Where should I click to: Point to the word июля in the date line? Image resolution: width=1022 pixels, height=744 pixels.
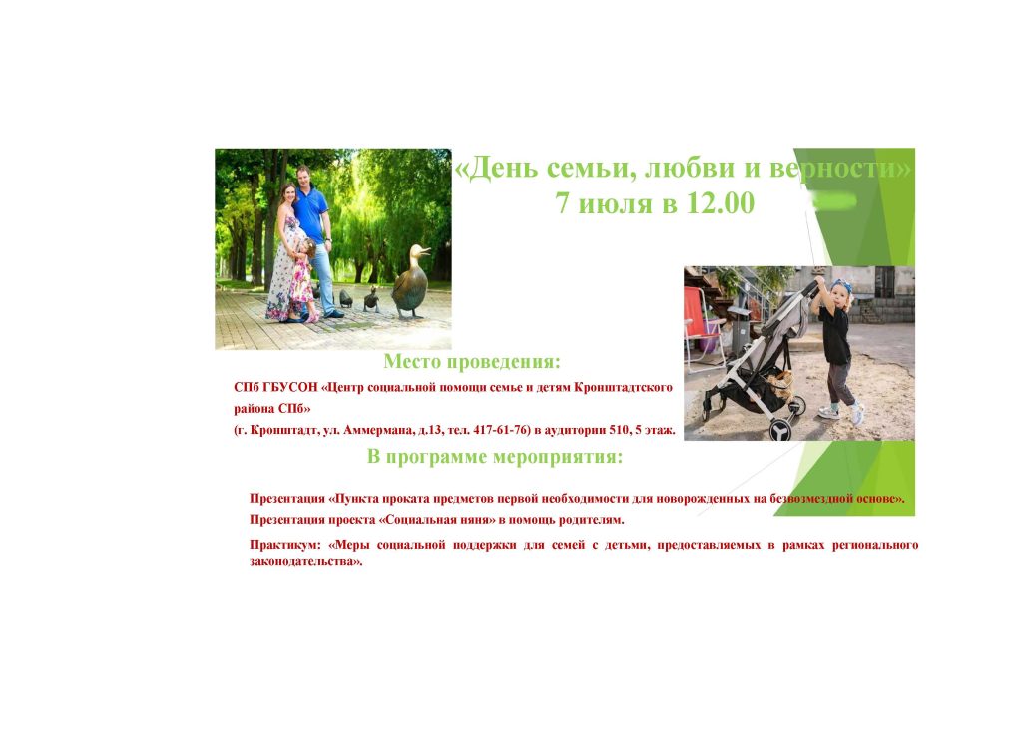pyautogui.click(x=615, y=203)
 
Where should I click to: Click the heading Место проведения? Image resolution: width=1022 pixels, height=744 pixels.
pyautogui.click(x=472, y=362)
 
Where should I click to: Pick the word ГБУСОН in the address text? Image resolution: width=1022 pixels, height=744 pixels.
pyautogui.click(x=291, y=388)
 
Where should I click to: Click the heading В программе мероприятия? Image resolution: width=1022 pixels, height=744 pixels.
pyautogui.click(x=495, y=457)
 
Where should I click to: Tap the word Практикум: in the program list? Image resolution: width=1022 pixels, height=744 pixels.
pyautogui.click(x=285, y=545)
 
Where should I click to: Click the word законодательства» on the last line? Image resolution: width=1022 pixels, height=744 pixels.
pyautogui.click(x=306, y=562)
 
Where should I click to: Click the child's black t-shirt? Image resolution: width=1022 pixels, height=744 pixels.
pyautogui.click(x=835, y=335)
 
